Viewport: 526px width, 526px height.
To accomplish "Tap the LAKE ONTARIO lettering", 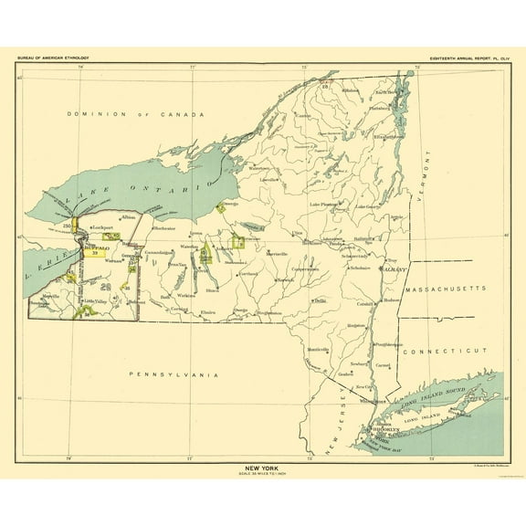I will (x=137, y=195).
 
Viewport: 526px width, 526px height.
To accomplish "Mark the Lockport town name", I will (x=100, y=226).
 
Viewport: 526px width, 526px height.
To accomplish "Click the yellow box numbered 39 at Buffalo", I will (x=94, y=253).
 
